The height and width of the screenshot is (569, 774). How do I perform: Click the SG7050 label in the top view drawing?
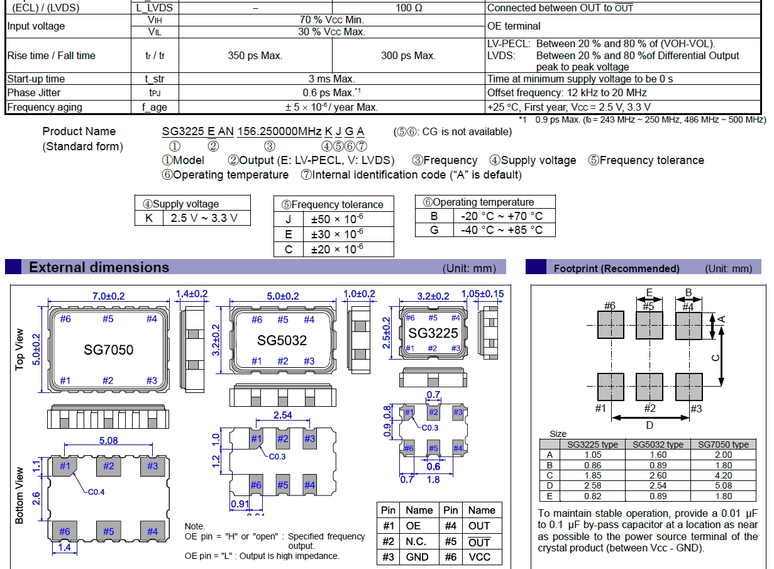tap(109, 350)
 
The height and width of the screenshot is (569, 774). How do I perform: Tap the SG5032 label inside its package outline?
tap(282, 340)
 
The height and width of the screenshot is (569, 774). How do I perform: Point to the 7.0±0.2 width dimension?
tap(109, 296)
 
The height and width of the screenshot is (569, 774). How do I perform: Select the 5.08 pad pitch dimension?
tap(109, 441)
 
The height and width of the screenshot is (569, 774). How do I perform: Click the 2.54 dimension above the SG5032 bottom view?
tap(283, 415)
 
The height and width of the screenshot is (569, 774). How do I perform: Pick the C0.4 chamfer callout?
tap(96, 492)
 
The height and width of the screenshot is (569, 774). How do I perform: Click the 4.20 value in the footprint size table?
tap(723, 475)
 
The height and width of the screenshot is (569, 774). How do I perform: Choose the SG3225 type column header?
tap(592, 445)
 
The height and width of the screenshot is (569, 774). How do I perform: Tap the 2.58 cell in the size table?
tap(592, 485)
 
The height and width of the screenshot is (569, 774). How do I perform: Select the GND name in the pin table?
tap(417, 557)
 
